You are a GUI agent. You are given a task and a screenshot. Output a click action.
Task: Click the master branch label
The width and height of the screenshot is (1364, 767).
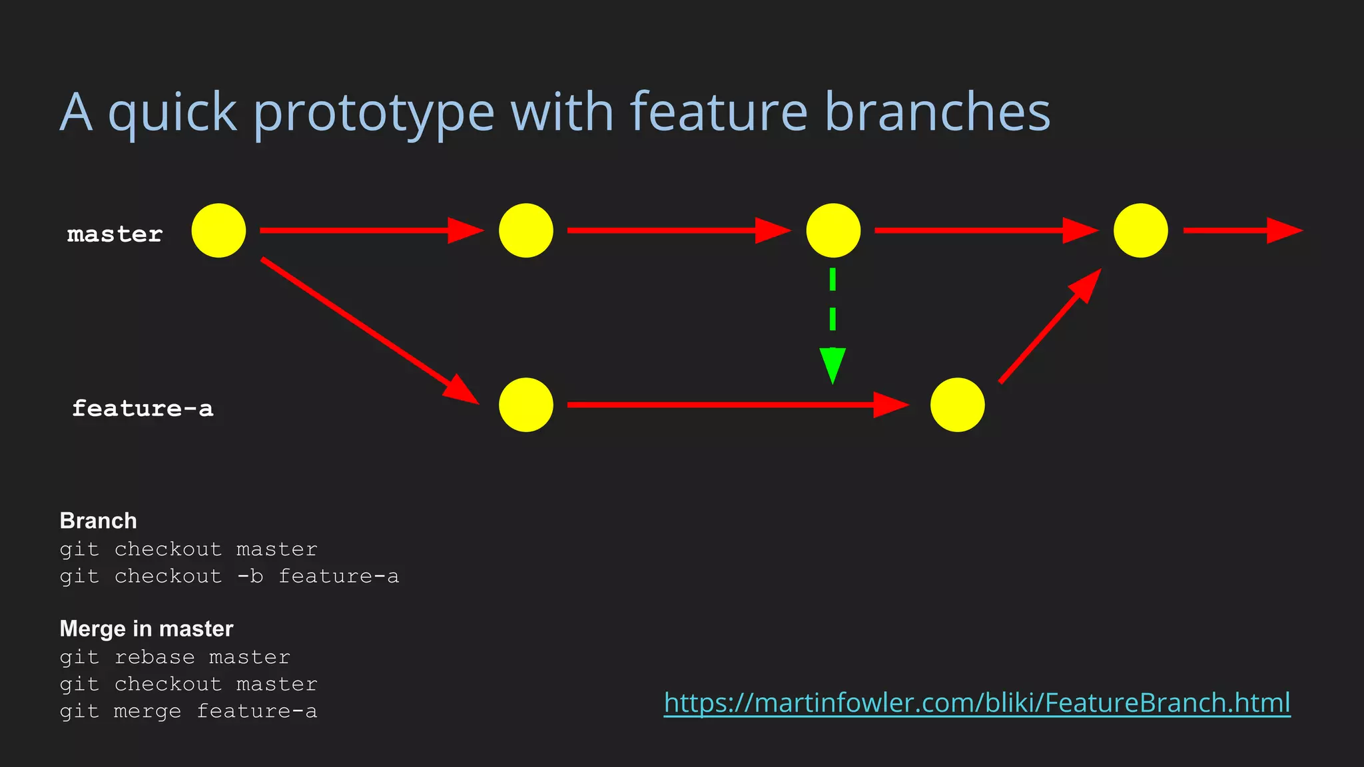click(115, 234)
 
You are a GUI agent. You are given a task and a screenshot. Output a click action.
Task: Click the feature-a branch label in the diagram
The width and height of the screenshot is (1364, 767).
click(143, 408)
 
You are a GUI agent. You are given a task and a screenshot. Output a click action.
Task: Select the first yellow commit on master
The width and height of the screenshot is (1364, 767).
click(218, 230)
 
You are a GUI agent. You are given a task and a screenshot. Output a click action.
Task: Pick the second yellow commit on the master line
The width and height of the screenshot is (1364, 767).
click(525, 230)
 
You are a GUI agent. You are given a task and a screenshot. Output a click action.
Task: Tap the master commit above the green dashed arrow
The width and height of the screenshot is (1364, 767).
click(833, 230)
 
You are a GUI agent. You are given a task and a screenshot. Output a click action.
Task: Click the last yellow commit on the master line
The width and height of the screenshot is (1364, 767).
click(1140, 230)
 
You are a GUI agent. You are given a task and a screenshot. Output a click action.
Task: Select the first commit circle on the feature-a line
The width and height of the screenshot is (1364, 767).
click(525, 405)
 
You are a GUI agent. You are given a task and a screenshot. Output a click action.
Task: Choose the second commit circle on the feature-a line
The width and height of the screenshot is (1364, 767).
click(957, 405)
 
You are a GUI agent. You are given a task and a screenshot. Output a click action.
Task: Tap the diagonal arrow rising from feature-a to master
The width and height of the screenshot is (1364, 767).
click(1050, 326)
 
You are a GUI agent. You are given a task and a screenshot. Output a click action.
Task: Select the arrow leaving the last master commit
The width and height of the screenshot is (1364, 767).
click(1241, 230)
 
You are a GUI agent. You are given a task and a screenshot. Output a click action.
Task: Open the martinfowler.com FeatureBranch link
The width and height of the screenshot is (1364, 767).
click(977, 702)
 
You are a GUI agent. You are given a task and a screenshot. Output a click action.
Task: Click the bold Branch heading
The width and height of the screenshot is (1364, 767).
click(98, 521)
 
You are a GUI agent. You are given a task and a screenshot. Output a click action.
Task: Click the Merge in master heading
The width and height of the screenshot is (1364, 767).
click(147, 629)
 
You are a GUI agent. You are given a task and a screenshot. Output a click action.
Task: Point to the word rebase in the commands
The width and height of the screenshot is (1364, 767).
click(155, 657)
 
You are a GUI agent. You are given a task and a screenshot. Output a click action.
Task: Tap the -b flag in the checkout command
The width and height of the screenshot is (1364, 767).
click(250, 576)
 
